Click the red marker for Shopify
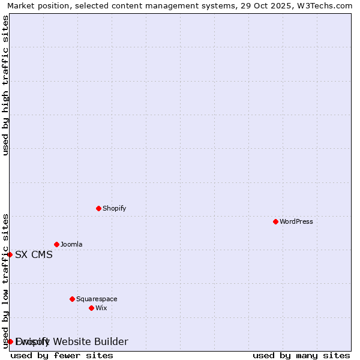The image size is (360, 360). [x=98, y=208]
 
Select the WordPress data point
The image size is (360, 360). [x=275, y=221]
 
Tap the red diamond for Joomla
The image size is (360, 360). [x=56, y=244]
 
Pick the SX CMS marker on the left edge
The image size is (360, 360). [x=10, y=254]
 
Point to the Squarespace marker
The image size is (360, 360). [x=72, y=299]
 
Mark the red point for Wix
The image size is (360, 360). [x=91, y=308]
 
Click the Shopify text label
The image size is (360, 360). [x=114, y=208]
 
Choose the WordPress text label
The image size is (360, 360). [x=296, y=221]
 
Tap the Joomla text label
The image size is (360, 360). [x=71, y=244]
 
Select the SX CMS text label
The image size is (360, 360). [x=34, y=254]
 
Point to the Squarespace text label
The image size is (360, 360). [x=97, y=299]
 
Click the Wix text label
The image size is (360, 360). [x=101, y=308]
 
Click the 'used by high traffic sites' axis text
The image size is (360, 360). [x=5, y=85]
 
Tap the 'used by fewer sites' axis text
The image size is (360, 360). [x=62, y=355]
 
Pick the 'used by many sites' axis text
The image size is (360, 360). [x=301, y=355]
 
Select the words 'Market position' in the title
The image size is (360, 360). [x=37, y=5]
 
